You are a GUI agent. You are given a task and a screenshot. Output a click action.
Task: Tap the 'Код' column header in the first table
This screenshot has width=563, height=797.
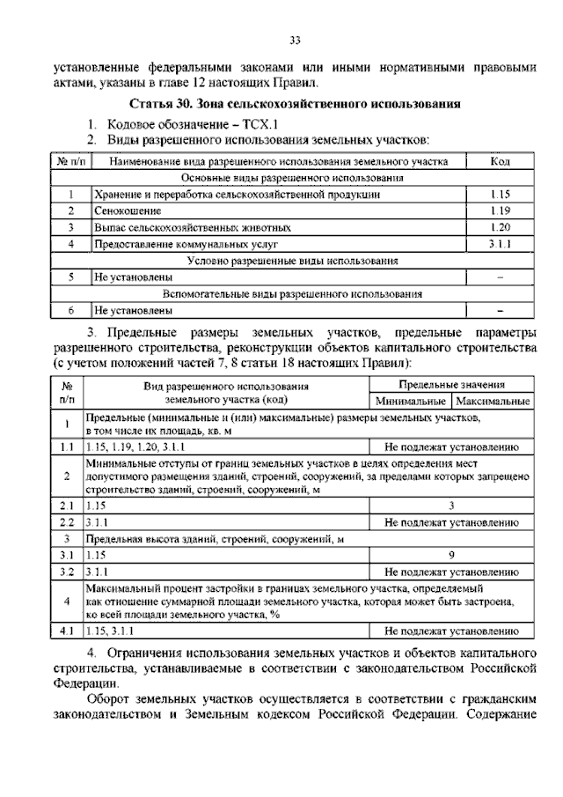tap(500, 161)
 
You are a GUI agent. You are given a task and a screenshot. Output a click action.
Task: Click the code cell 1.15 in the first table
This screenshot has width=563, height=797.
tap(500, 194)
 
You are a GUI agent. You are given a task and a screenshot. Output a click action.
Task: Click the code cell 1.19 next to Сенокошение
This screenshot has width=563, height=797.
tap(500, 211)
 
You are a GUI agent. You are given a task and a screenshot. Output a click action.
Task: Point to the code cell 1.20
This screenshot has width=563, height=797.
tap(500, 227)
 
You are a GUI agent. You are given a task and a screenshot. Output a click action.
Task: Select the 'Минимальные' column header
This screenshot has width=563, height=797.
tap(412, 401)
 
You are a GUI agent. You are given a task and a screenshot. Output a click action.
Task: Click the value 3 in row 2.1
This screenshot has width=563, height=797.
tap(450, 506)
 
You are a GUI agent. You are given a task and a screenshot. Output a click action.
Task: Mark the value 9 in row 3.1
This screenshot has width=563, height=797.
tap(450, 555)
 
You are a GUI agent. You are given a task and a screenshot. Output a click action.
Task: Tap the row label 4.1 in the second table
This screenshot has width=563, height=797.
tap(65, 631)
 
